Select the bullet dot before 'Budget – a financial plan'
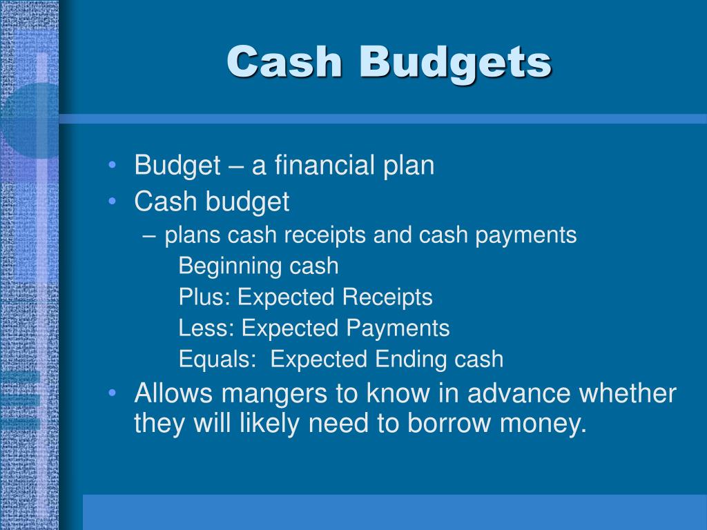[113, 165]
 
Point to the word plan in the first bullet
[409, 166]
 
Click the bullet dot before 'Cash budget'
[113, 201]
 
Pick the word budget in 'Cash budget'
[247, 202]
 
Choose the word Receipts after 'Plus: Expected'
[387, 298]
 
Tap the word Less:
[206, 328]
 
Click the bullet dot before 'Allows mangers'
[113, 393]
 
